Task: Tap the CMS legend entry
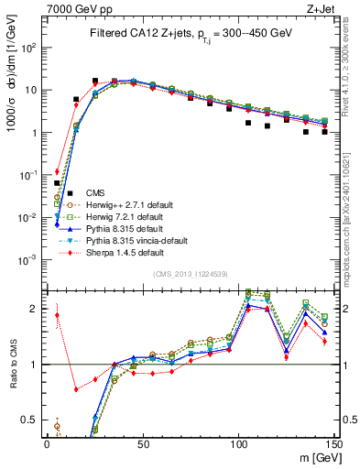pyautogui.click(x=95, y=192)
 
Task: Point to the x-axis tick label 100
pyautogui.click(x=238, y=442)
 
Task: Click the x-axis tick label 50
pyautogui.click(x=143, y=442)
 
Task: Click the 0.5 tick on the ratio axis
pyautogui.click(x=31, y=420)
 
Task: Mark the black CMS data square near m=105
pyautogui.click(x=248, y=122)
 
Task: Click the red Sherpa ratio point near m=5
pyautogui.click(x=57, y=315)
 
